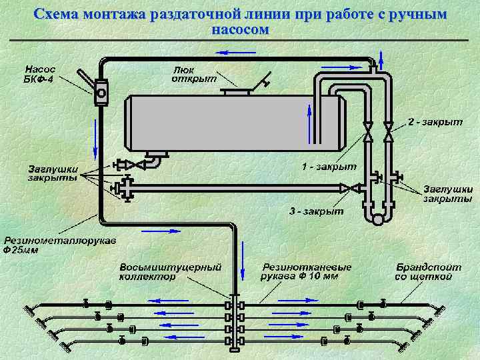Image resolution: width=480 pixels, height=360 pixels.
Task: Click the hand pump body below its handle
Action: coord(101,92)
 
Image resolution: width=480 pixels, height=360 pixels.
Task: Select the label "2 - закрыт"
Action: coord(435,122)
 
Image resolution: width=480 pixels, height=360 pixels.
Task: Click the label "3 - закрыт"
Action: coord(316,211)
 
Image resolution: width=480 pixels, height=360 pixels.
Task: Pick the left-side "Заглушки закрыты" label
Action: coord(53,173)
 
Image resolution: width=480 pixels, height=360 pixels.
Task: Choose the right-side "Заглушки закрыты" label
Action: coord(447,193)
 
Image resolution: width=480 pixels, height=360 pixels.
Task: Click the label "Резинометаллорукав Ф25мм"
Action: coord(61,245)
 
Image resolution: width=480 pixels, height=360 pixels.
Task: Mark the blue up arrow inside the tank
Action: coord(309,121)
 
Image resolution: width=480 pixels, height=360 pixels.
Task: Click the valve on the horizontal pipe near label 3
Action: coord(345,189)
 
